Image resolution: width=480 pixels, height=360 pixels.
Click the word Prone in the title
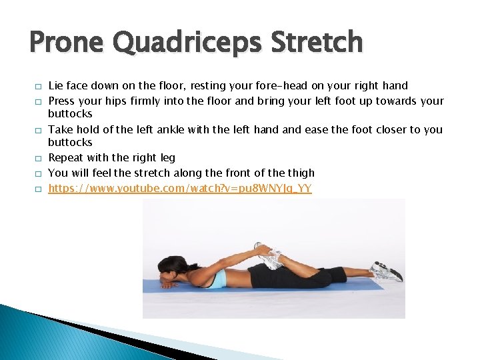coord(66,42)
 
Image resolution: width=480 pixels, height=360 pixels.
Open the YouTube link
coord(180,189)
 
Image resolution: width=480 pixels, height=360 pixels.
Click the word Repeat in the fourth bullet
coord(65,158)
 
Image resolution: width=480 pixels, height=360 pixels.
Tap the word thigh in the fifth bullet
coord(300,173)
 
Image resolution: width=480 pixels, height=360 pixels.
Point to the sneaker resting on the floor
coord(386,271)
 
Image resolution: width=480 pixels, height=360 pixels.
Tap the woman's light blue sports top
coord(217,279)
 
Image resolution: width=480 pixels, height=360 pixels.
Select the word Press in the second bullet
coord(61,101)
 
